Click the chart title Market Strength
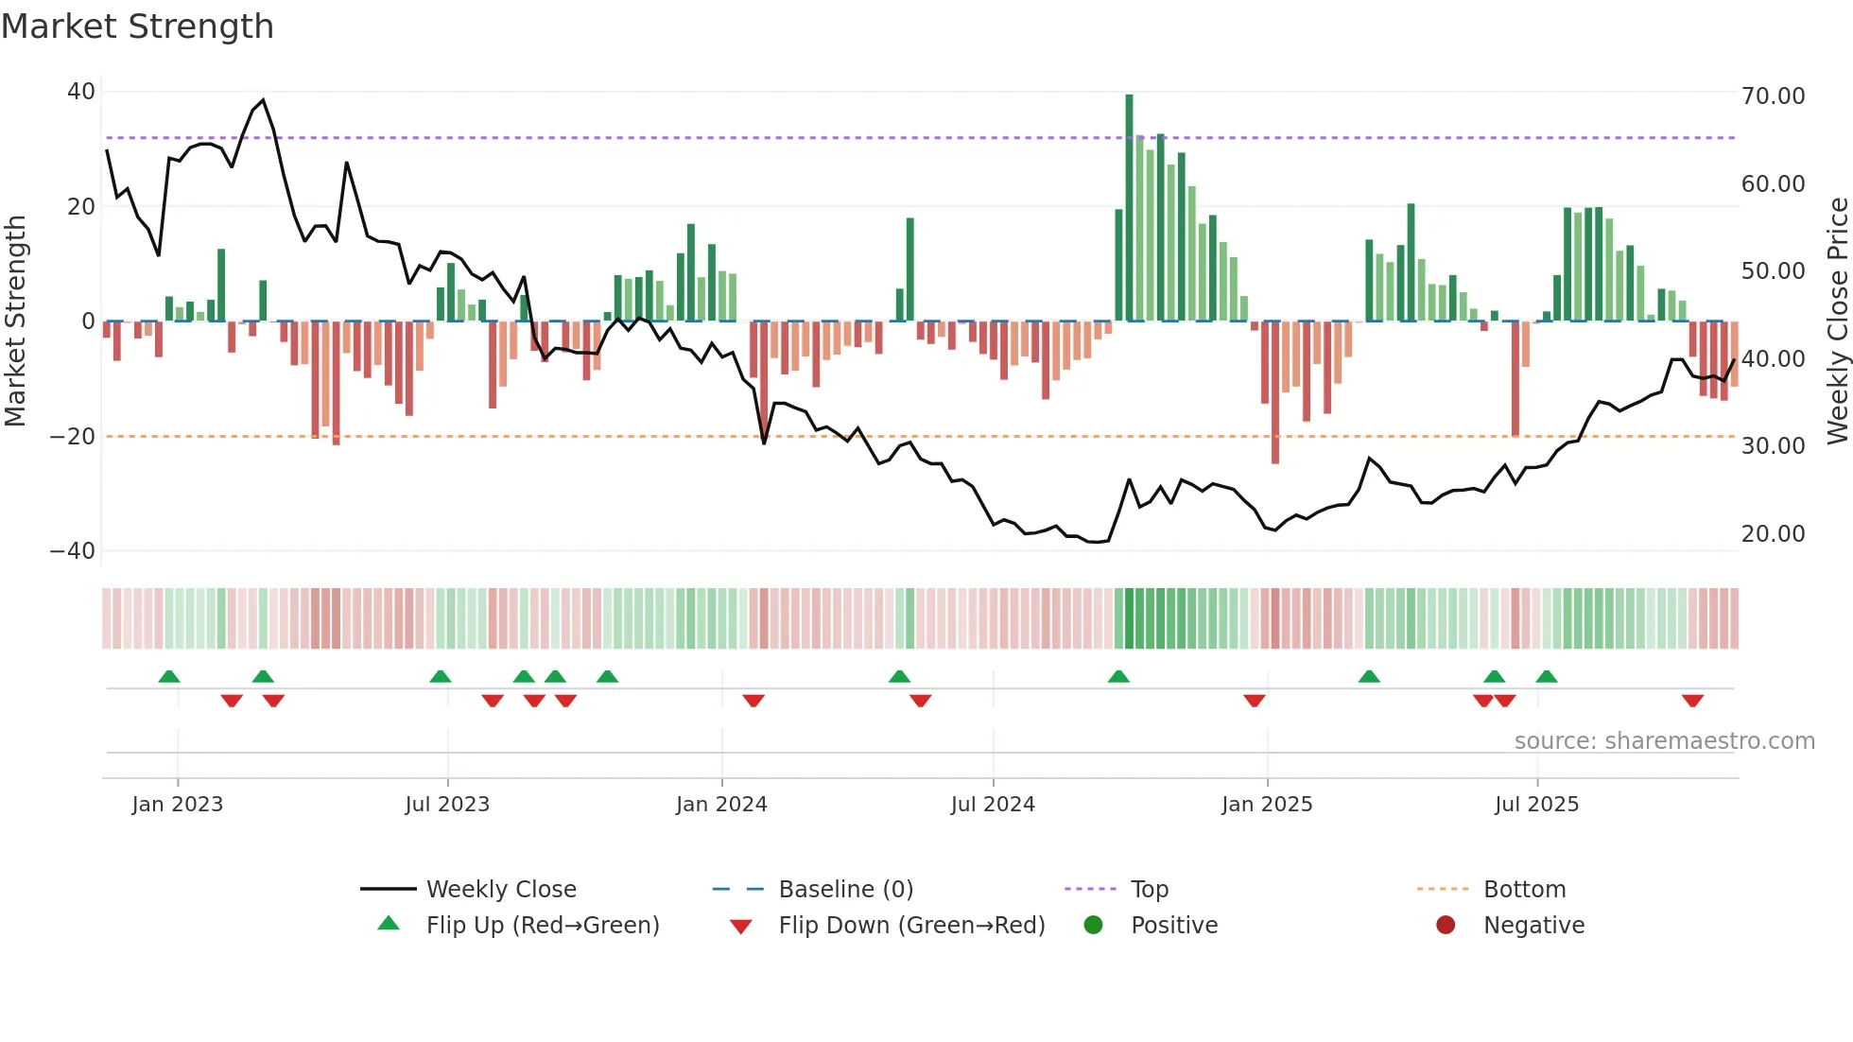coord(137,26)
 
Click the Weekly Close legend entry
coord(500,889)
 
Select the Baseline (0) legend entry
coord(845,889)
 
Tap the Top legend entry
coord(1149,889)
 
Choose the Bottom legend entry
coord(1524,889)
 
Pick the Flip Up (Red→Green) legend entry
coord(542,925)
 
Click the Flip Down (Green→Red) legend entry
coord(911,925)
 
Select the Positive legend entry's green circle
coord(1093,925)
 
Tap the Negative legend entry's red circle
coord(1446,925)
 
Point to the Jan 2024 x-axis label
coord(721,804)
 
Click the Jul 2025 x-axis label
coord(1536,804)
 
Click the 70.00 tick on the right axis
coord(1773,96)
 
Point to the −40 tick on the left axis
coord(73,550)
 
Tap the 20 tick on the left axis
coord(81,206)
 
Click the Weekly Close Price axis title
coord(1837,321)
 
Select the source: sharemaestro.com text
coord(1664,740)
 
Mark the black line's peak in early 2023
coord(263,99)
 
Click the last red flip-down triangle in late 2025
coord(1692,701)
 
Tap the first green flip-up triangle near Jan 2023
coord(169,676)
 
